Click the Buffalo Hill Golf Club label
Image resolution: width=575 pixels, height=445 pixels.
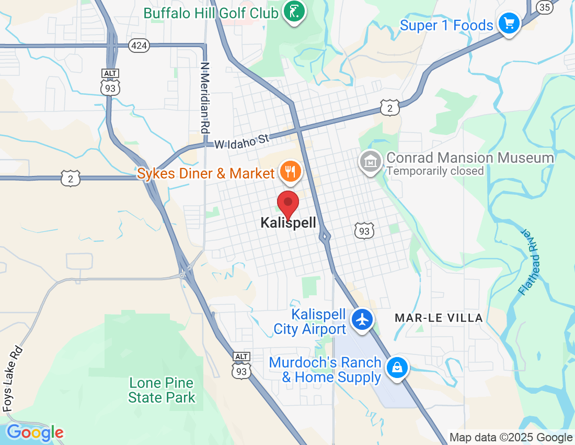coord(211,13)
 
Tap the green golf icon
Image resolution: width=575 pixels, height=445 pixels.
coord(294,11)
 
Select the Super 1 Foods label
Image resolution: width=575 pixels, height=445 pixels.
coord(446,25)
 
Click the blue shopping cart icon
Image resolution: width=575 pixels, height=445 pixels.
coord(508,24)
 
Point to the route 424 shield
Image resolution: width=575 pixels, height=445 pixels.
coord(139,46)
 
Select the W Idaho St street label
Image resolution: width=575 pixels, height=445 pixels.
coord(241,141)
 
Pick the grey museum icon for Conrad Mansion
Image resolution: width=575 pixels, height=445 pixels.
coord(371,161)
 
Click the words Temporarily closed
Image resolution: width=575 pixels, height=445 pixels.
coord(435,171)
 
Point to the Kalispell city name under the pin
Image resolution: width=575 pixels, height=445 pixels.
coord(289,223)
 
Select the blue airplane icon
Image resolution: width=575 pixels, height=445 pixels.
coord(362,319)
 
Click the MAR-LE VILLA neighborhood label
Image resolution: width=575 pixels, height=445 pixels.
coord(439,318)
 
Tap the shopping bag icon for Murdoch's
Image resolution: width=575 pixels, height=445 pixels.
coord(397,368)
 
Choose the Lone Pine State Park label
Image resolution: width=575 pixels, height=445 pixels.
coord(162,390)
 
